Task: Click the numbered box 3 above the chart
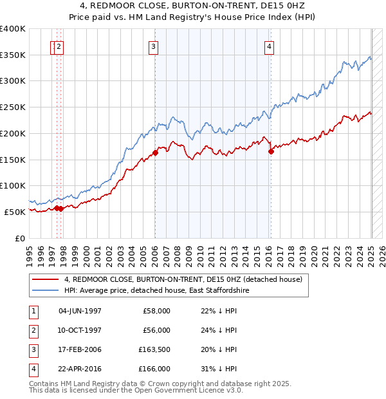[154, 46]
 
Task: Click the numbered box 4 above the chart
[269, 46]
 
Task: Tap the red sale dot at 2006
[155, 153]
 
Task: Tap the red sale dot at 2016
[271, 151]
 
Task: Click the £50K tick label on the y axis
[15, 212]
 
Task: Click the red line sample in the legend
[46, 280]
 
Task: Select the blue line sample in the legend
[46, 291]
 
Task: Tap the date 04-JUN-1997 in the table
[80, 311]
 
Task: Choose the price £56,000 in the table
[156, 330]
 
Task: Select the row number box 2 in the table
[32, 330]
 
